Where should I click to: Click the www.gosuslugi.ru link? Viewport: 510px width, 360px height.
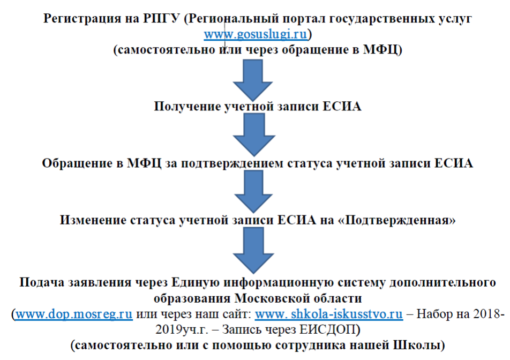(x=256, y=34)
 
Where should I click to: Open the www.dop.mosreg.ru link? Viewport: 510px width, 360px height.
(x=74, y=314)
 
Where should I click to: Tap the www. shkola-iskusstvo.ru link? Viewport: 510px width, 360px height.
(x=329, y=314)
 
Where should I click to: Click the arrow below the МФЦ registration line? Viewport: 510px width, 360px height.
(x=253, y=80)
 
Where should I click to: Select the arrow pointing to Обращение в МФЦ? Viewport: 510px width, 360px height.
(x=254, y=134)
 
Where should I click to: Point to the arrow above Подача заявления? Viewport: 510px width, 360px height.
(x=253, y=250)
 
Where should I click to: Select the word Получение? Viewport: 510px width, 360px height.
(x=187, y=107)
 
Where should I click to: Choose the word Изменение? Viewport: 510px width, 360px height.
(x=93, y=220)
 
